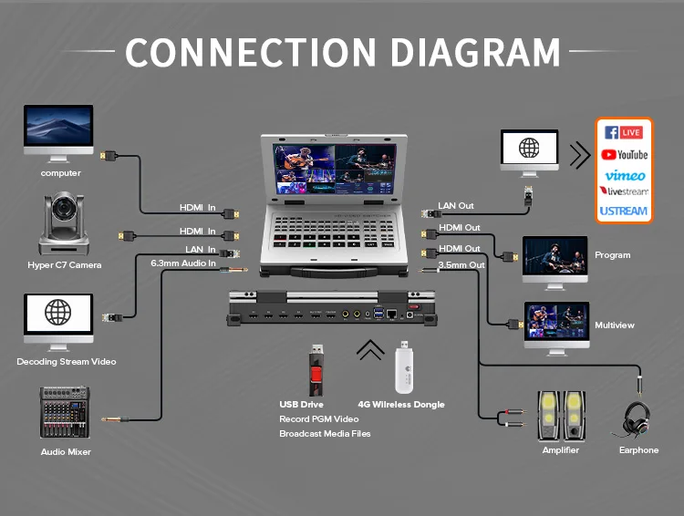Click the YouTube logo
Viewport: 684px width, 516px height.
tap(625, 154)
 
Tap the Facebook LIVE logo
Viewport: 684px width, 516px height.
tap(625, 133)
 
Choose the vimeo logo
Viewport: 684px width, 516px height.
tap(625, 174)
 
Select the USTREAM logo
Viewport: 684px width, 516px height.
tap(625, 212)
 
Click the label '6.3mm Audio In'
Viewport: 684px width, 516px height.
tap(183, 263)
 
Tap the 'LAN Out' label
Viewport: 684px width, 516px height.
tap(456, 206)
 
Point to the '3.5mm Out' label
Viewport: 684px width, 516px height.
tap(461, 264)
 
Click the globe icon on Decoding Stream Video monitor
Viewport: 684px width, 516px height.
tap(58, 314)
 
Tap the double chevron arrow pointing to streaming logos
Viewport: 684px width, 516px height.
tap(579, 155)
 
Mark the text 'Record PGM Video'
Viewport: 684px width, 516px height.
tap(318, 419)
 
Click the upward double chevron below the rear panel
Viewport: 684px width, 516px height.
tap(370, 350)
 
